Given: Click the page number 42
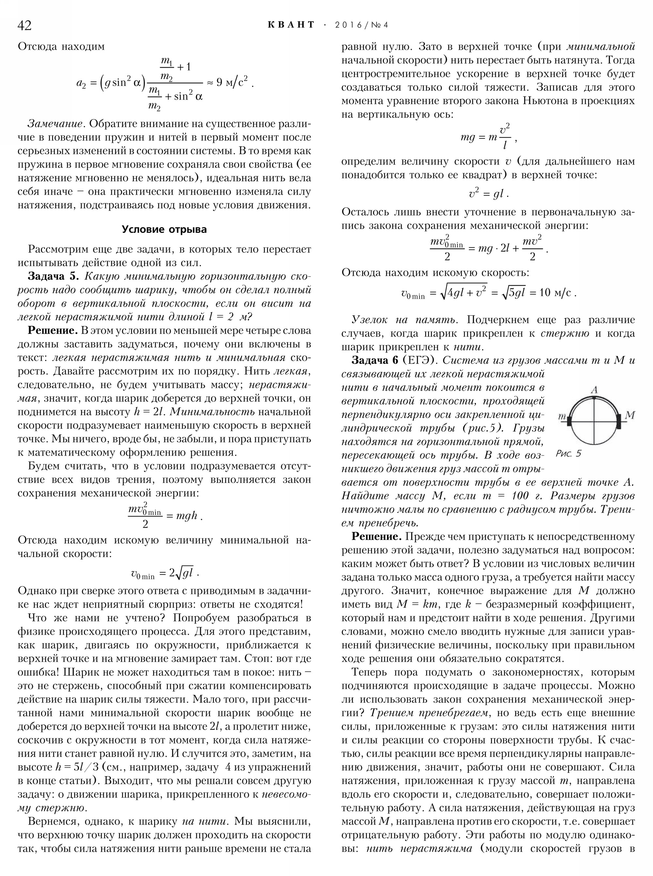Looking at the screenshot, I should pos(24,25).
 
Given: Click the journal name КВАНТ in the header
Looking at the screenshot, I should pos(291,25).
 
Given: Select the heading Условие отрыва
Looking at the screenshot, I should pos(164,229).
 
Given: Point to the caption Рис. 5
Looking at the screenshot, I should pos(568,454).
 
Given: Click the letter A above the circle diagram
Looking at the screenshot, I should pos(594,390).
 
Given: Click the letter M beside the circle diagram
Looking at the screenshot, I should pos(630,415).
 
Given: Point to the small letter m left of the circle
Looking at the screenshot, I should pos(562,417).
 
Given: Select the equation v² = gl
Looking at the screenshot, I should pos(488,194).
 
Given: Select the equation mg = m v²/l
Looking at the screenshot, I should pos(487,137).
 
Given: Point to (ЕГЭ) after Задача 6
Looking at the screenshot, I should pos(420,360).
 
